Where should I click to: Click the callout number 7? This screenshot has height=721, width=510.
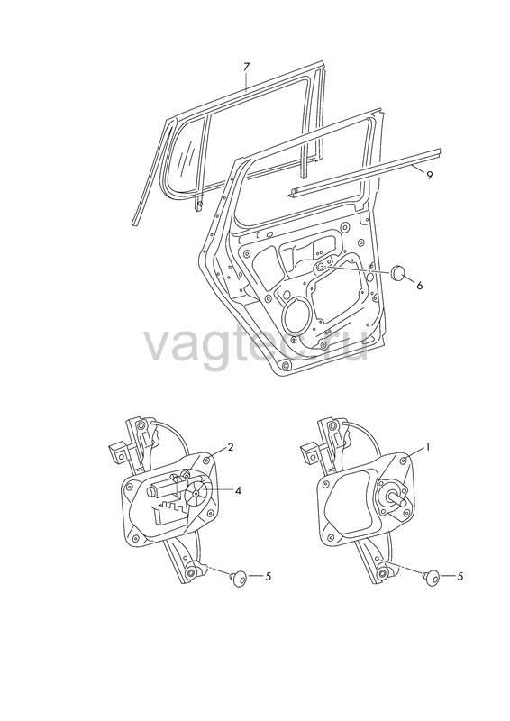pos(246,67)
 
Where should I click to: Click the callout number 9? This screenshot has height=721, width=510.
pos(430,175)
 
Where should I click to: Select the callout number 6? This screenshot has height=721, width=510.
pos(419,286)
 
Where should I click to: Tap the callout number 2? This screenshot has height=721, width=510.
pos(231,446)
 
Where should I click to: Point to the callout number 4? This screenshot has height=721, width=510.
pos(238,491)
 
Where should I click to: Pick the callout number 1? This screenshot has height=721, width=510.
pos(428,446)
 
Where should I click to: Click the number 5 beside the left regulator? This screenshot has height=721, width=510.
pos(269,576)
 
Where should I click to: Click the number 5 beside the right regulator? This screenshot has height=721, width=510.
pos(460,576)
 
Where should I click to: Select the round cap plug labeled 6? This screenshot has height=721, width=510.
pos(396,273)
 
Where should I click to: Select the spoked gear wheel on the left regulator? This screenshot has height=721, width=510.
pos(196,493)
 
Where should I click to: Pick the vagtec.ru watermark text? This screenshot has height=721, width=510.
pos(257,345)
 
